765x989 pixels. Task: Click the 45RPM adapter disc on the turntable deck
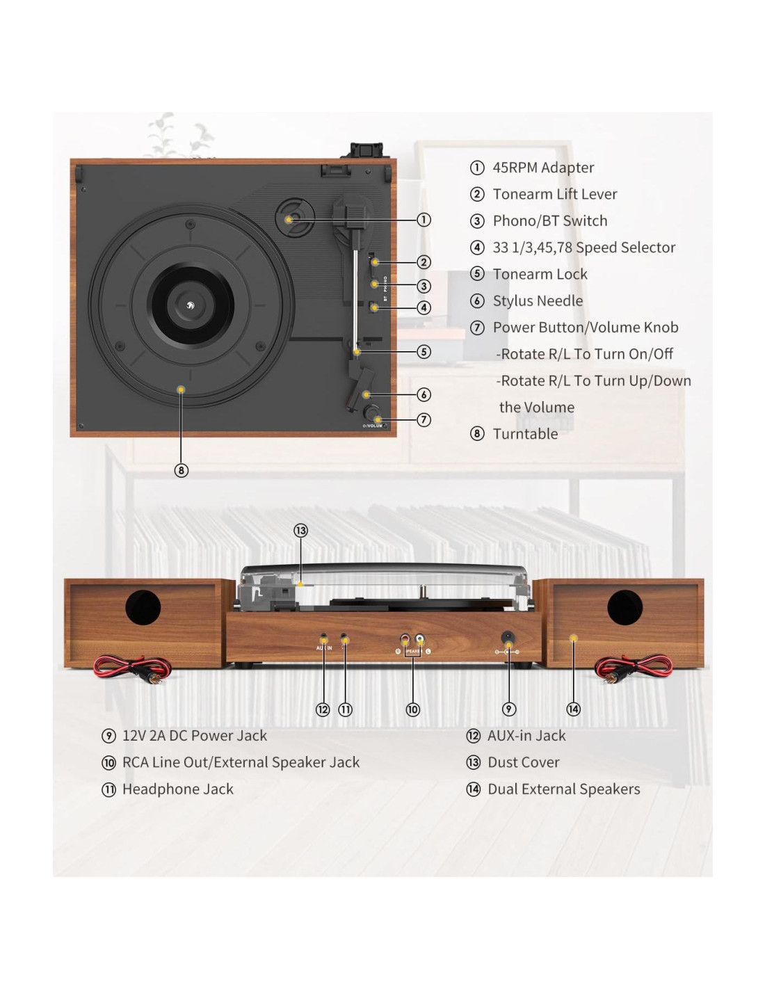[293, 218]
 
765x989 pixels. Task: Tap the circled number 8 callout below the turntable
[181, 470]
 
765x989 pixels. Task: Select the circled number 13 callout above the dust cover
[300, 531]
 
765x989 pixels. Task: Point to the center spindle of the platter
[190, 303]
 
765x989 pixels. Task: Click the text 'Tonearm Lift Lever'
[554, 194]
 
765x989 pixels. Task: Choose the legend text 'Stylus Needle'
[538, 300]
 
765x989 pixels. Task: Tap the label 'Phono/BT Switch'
[549, 220]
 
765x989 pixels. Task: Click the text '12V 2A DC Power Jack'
[194, 735]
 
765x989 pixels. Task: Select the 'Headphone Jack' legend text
[177, 789]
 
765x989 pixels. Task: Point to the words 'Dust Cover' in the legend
[523, 762]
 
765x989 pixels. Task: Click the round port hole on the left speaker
[143, 607]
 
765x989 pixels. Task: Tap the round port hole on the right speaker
[625, 607]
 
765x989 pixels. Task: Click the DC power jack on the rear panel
[508, 637]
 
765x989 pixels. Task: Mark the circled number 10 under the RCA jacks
[412, 709]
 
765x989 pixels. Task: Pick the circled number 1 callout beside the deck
[424, 220]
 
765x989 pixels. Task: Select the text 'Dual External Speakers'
[563, 789]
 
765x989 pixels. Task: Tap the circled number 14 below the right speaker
[573, 709]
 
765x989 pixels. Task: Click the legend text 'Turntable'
[525, 434]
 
